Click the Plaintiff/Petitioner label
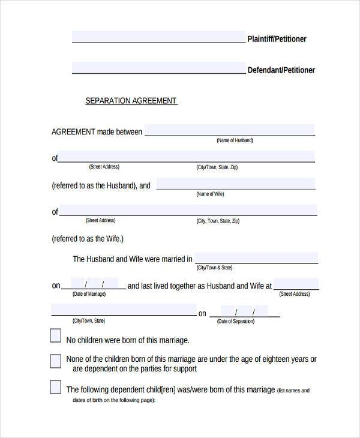point(277,39)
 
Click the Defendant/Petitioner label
point(281,70)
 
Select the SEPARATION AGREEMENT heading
point(131,101)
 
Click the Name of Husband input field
point(229,130)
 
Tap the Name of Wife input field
point(235,184)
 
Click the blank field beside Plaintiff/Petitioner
point(158,37)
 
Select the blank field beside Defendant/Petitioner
point(158,68)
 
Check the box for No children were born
point(55,335)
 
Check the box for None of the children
point(55,361)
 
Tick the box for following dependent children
point(55,386)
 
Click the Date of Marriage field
point(94,284)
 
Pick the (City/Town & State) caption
point(214,268)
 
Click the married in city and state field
point(256,258)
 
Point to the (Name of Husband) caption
point(235,140)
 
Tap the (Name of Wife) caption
point(210,194)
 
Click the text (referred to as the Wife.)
point(88,239)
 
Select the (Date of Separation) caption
point(236,322)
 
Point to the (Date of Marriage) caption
point(89,294)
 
